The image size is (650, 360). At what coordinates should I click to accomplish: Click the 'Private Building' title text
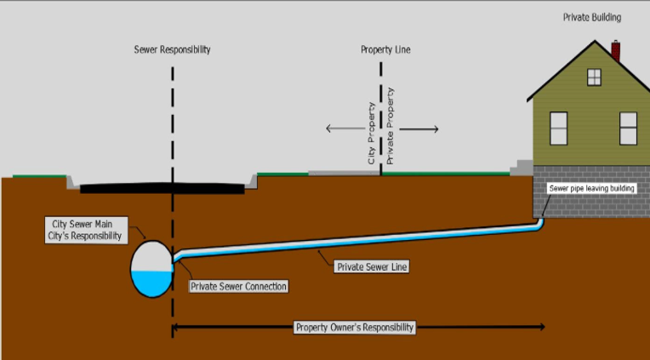point(591,17)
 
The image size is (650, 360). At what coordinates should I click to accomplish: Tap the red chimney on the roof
point(615,50)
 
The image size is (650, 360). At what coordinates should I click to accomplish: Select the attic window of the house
point(594,77)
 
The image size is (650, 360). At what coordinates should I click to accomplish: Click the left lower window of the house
point(558,128)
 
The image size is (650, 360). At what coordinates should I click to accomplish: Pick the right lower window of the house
point(628,128)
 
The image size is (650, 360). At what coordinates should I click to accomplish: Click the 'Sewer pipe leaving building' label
point(591,187)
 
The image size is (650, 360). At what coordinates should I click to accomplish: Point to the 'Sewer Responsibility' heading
point(173,49)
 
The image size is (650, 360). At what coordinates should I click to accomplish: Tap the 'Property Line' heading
point(386,49)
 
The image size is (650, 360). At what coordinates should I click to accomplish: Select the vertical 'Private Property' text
point(391,125)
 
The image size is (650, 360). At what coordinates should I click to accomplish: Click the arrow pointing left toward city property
point(344,129)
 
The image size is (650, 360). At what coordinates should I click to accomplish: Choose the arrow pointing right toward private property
point(419,129)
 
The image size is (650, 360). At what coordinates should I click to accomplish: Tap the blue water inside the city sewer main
point(152,283)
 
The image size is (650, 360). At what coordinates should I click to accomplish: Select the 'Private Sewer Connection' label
point(238,286)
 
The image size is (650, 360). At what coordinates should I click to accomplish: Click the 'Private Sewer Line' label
point(372,267)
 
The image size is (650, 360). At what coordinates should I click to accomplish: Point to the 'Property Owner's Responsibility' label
point(355,327)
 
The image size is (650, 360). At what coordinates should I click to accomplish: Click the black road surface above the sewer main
point(162,186)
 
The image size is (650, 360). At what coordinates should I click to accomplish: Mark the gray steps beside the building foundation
point(522,168)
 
